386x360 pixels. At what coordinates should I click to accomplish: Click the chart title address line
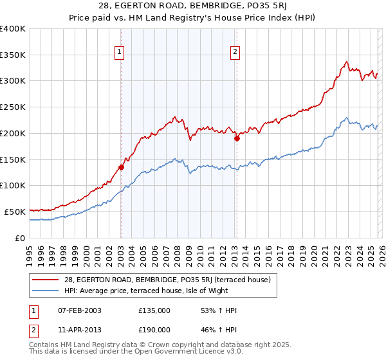click(192, 7)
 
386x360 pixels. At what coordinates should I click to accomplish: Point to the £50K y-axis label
click(15, 212)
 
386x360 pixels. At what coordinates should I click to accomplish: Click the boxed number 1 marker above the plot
click(120, 53)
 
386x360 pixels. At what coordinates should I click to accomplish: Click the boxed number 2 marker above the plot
click(235, 53)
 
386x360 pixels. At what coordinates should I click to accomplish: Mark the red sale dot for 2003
click(121, 167)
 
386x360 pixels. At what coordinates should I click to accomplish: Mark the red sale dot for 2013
click(237, 138)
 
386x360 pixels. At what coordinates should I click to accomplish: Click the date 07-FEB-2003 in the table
click(80, 310)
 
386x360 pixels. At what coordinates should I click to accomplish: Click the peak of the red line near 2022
click(346, 62)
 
